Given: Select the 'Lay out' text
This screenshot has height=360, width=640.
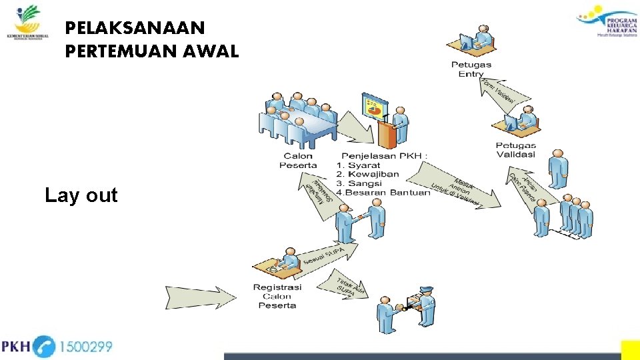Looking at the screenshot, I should (81, 195).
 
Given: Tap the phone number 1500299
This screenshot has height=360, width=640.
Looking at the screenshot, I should (86, 347).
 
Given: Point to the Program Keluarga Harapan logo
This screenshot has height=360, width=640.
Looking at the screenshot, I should (606, 19).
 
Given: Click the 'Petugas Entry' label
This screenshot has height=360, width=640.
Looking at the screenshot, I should (471, 69).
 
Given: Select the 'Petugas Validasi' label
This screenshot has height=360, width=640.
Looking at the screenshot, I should (515, 150).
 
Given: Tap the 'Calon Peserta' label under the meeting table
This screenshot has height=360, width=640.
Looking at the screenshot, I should (298, 161).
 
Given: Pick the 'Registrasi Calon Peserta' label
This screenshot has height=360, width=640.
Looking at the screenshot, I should (277, 296).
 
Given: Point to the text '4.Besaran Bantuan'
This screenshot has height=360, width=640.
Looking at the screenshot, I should (383, 193).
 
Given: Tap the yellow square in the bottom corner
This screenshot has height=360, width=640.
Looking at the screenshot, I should (630, 350).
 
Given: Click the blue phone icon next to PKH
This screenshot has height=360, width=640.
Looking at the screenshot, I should (44, 347).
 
